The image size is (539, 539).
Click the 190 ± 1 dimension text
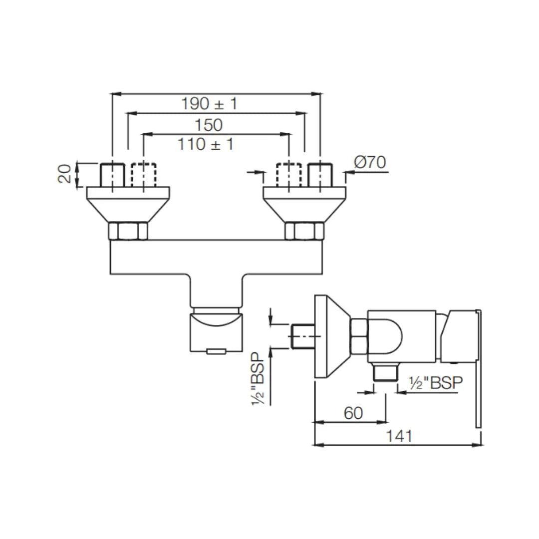(209, 104)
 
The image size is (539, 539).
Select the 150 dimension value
(209, 124)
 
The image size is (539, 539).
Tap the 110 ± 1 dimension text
(205, 144)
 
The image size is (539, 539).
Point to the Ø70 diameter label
(370, 163)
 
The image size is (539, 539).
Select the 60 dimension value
(353, 413)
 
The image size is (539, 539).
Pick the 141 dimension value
(399, 436)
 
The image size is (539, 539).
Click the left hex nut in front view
(128, 231)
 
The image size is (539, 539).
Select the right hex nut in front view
(304, 231)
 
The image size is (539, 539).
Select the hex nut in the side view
(359, 336)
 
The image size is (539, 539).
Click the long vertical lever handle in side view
(478, 369)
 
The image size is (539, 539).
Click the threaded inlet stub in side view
(302, 336)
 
